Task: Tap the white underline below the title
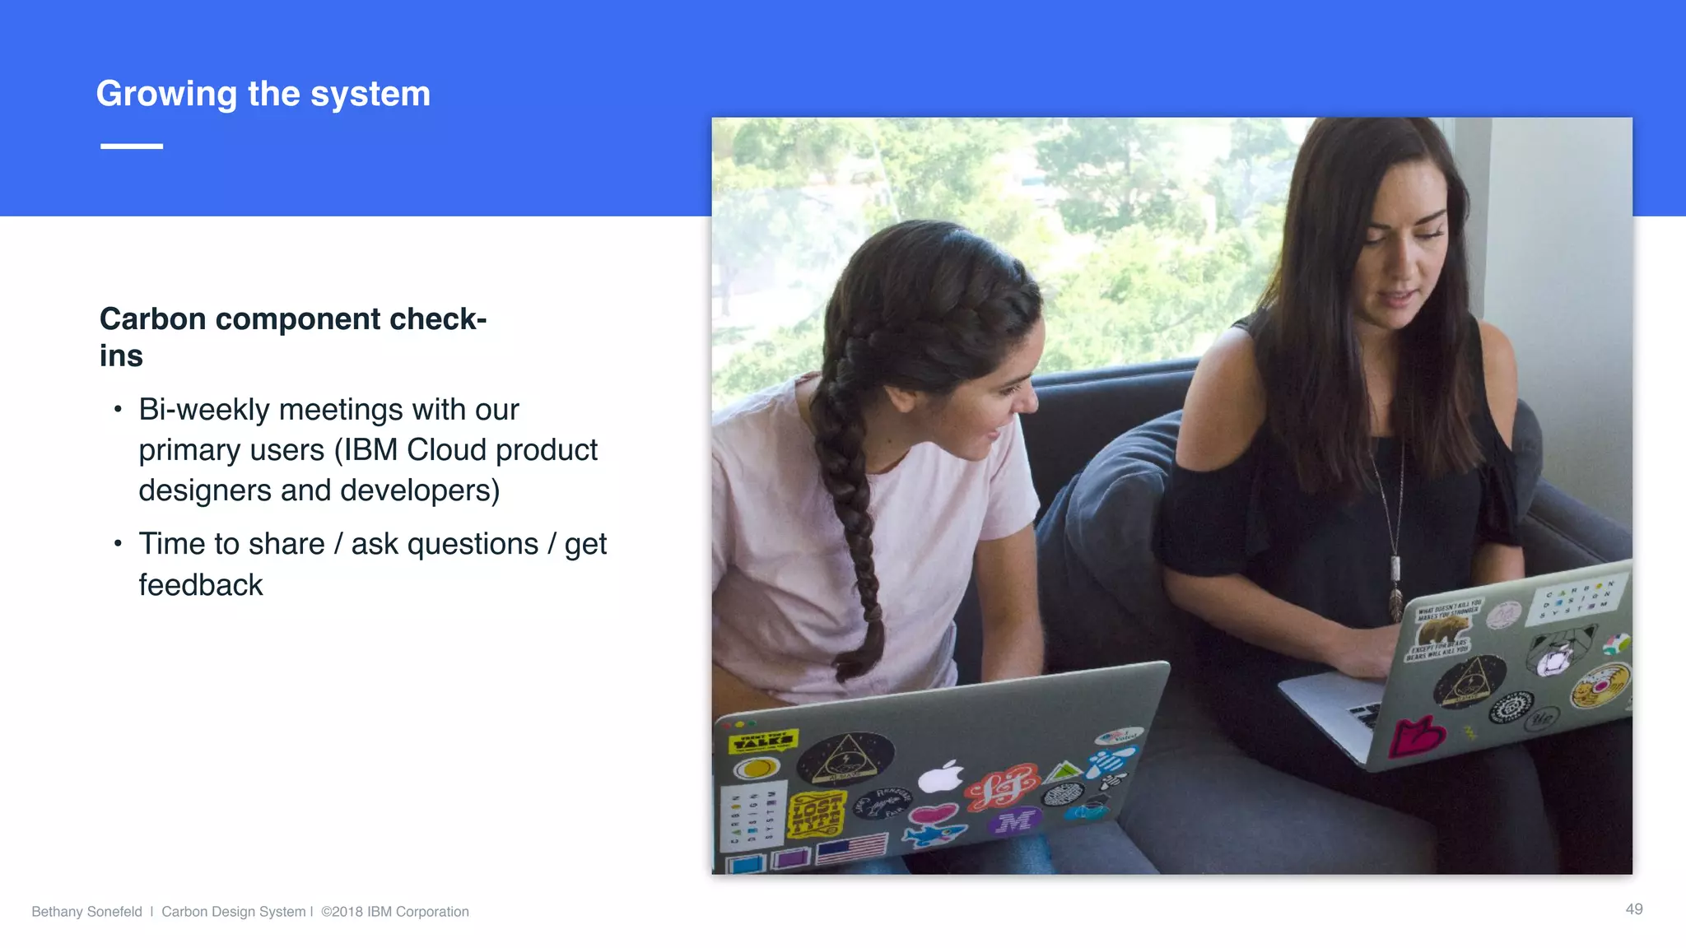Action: click(x=132, y=146)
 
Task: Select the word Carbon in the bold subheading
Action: click(x=152, y=319)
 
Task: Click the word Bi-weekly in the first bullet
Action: click(x=204, y=410)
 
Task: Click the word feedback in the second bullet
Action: click(x=200, y=585)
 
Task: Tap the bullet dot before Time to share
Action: click(x=119, y=544)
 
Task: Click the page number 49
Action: click(x=1633, y=909)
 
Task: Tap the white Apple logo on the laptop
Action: click(x=941, y=776)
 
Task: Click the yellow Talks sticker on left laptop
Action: click(x=763, y=741)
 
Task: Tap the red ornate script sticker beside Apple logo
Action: click(x=1002, y=785)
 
